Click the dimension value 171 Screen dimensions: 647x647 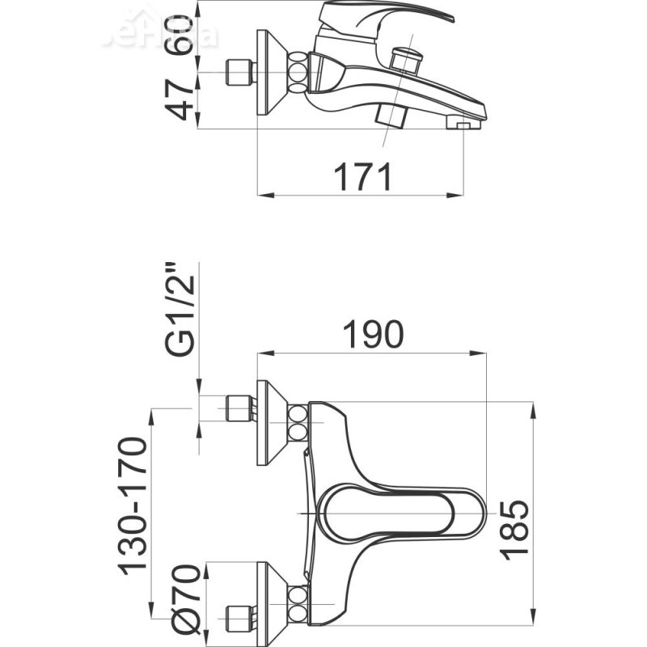[362, 175]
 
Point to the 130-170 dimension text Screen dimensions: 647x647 [133, 505]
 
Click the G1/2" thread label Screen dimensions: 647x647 [180, 310]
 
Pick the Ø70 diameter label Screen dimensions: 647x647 [187, 600]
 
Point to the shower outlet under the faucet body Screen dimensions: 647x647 [394, 115]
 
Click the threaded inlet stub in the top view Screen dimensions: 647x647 [239, 73]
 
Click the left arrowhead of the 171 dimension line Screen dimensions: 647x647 [264, 195]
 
